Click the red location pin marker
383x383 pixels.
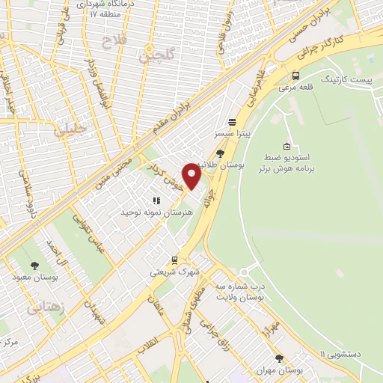click(191, 177)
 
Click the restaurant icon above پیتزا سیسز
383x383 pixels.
click(232, 121)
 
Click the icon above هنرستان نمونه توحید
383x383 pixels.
click(156, 200)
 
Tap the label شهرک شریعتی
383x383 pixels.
click(174, 272)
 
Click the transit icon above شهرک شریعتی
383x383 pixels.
click(174, 260)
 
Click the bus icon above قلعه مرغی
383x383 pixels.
click(296, 76)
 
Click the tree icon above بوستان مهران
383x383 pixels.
click(279, 358)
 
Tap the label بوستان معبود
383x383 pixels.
click(34, 277)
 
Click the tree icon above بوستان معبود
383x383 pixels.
click(34, 266)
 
